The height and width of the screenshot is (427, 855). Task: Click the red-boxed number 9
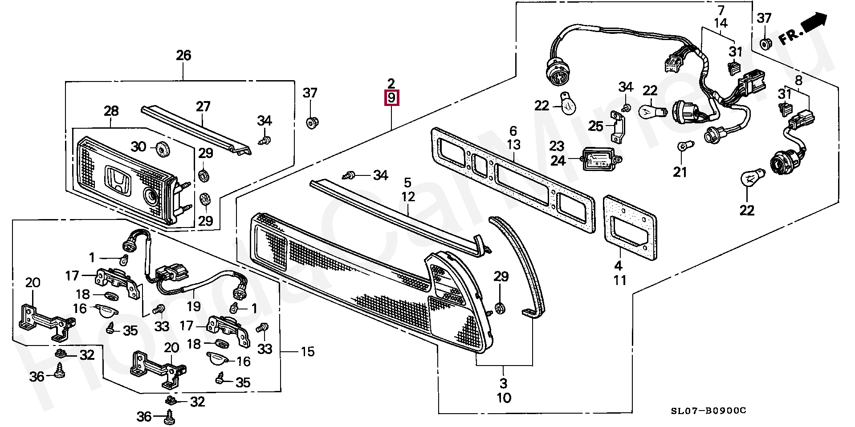coord(391,98)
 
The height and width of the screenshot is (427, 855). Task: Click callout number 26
coord(183,56)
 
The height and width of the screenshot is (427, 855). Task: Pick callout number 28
coord(111,111)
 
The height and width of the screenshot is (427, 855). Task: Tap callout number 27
coord(203,107)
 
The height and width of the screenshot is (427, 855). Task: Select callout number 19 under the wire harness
coord(194,306)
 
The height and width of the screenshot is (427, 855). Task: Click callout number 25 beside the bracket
coord(595,126)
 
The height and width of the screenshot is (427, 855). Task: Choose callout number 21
coord(680,172)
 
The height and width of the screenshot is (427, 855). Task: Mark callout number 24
coord(558,161)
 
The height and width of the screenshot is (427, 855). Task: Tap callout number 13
coord(513,145)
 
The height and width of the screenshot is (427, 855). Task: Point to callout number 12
coord(408,196)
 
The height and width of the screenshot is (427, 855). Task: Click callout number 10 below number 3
coord(504,398)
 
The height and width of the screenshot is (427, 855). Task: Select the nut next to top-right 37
coord(765,44)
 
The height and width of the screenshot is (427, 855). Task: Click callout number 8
coord(799,81)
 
